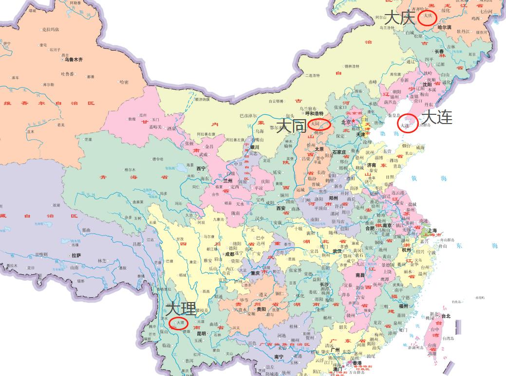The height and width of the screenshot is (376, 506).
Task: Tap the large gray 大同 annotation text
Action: (x=291, y=126)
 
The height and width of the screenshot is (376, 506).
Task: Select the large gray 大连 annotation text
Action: (x=437, y=117)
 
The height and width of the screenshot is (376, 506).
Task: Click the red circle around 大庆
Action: (x=428, y=16)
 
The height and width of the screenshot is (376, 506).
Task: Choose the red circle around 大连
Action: (x=407, y=123)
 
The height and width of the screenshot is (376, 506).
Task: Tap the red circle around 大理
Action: (x=178, y=322)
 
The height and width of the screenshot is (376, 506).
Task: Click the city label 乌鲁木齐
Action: (x=73, y=60)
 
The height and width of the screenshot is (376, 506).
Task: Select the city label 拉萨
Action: (x=76, y=255)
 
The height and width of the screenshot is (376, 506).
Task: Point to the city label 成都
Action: (x=229, y=254)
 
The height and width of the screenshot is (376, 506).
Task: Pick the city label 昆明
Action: (x=202, y=334)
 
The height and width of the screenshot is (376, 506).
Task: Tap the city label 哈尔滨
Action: (x=444, y=27)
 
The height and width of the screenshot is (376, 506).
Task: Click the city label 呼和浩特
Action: (x=314, y=113)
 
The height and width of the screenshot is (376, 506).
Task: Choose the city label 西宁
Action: (x=201, y=168)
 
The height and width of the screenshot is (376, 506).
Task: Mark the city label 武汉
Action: (x=337, y=251)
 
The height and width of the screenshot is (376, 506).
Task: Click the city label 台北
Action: (x=446, y=316)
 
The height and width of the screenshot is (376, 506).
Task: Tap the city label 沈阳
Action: (x=427, y=84)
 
